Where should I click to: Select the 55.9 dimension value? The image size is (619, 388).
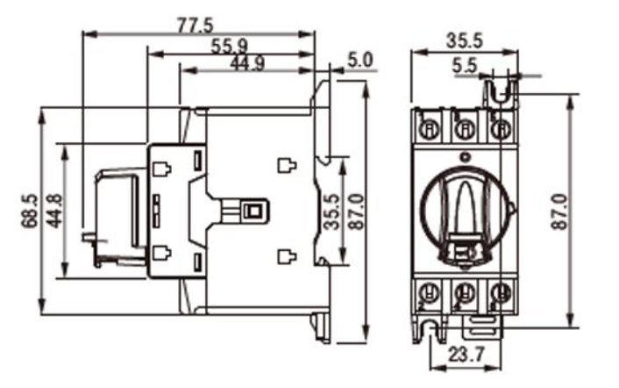point(230,46)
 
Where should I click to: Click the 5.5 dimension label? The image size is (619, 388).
point(466,65)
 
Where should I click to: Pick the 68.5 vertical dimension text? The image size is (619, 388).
point(29,212)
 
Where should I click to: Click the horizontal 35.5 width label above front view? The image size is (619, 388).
point(466,42)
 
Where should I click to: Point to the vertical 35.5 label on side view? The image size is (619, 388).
point(329,212)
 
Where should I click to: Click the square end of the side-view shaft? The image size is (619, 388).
point(255,212)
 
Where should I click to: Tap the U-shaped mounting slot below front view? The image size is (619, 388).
point(430,331)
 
